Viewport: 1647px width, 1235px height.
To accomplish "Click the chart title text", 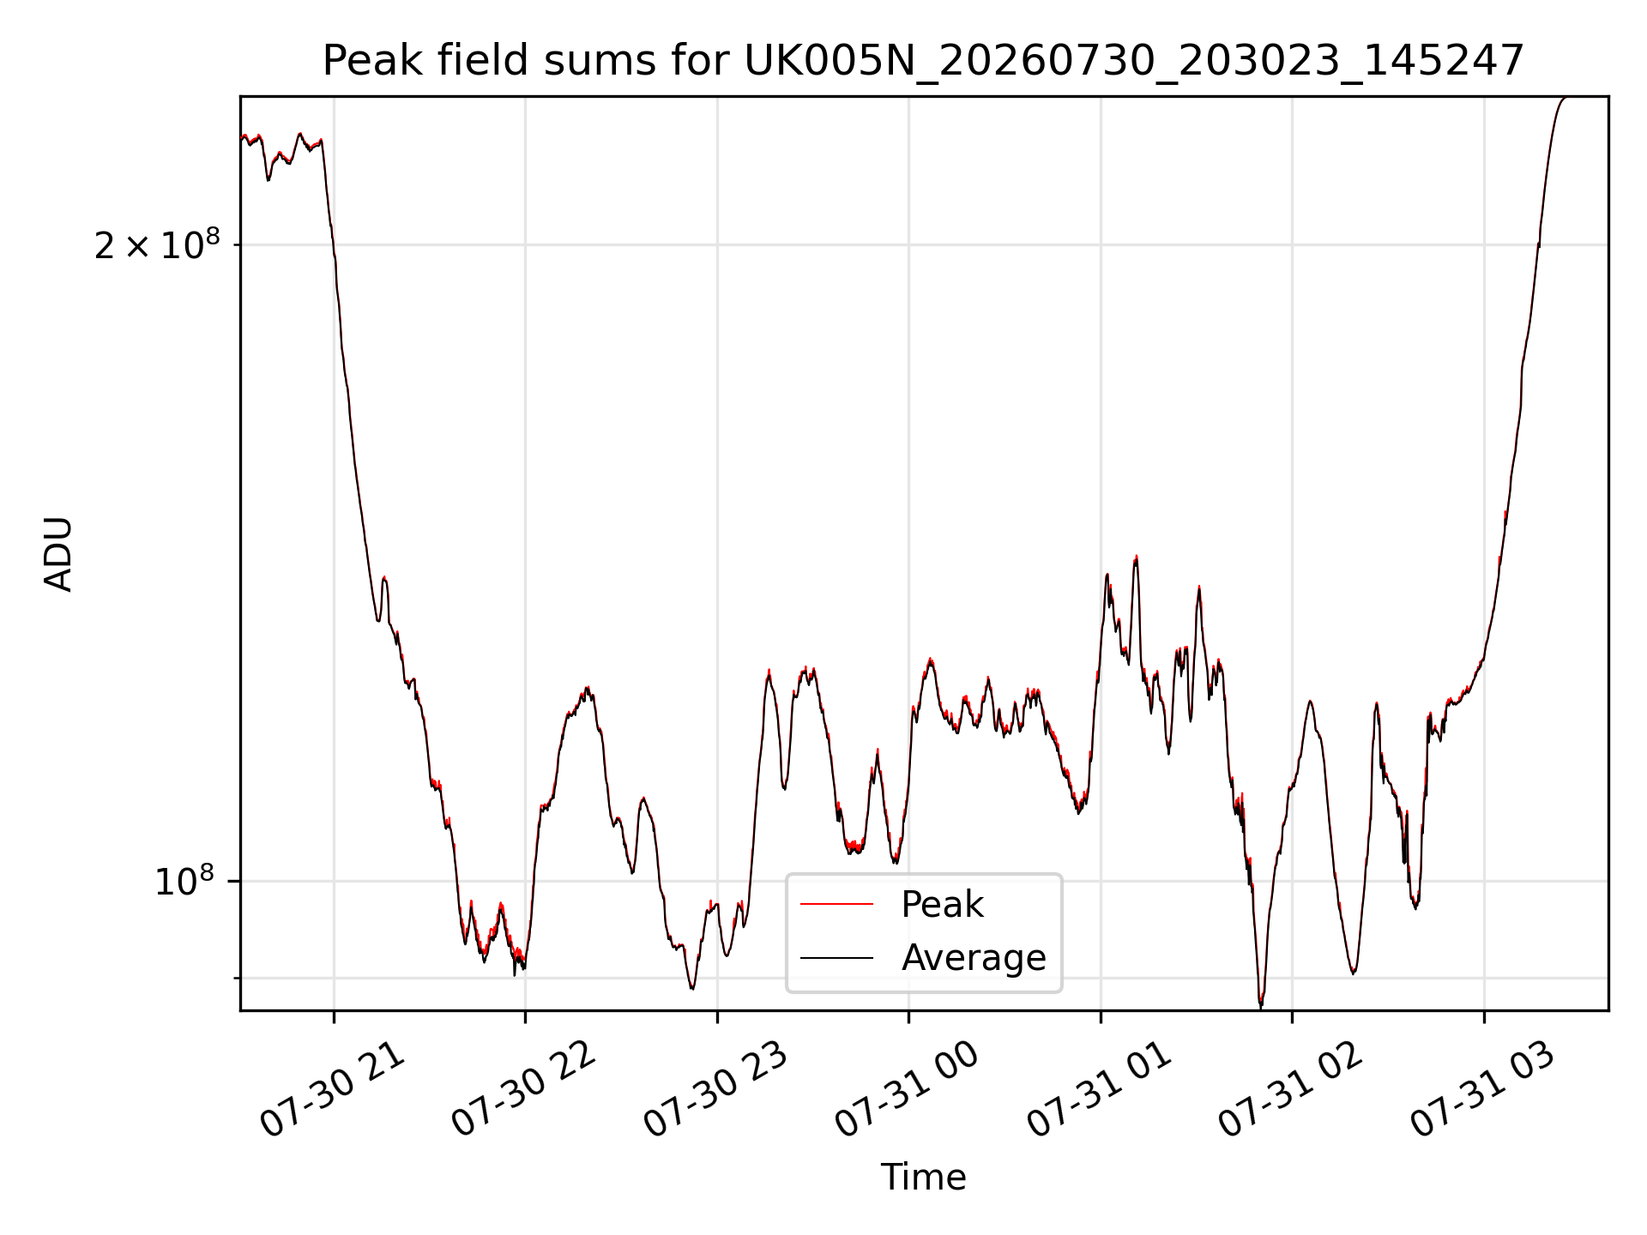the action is [x=923, y=62].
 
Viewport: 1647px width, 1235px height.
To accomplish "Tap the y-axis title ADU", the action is [x=58, y=554].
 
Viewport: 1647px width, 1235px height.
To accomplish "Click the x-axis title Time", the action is [x=923, y=1178].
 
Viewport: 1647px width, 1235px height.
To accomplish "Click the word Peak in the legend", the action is [x=942, y=905].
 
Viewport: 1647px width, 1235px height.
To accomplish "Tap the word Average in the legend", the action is [x=974, y=958].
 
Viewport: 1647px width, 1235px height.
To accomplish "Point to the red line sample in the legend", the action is [x=836, y=905].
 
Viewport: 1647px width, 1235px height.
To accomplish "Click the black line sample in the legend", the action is [x=836, y=958].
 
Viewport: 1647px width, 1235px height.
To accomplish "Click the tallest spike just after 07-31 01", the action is [x=1136, y=557].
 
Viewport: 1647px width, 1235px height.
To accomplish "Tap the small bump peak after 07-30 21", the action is [x=384, y=578].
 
